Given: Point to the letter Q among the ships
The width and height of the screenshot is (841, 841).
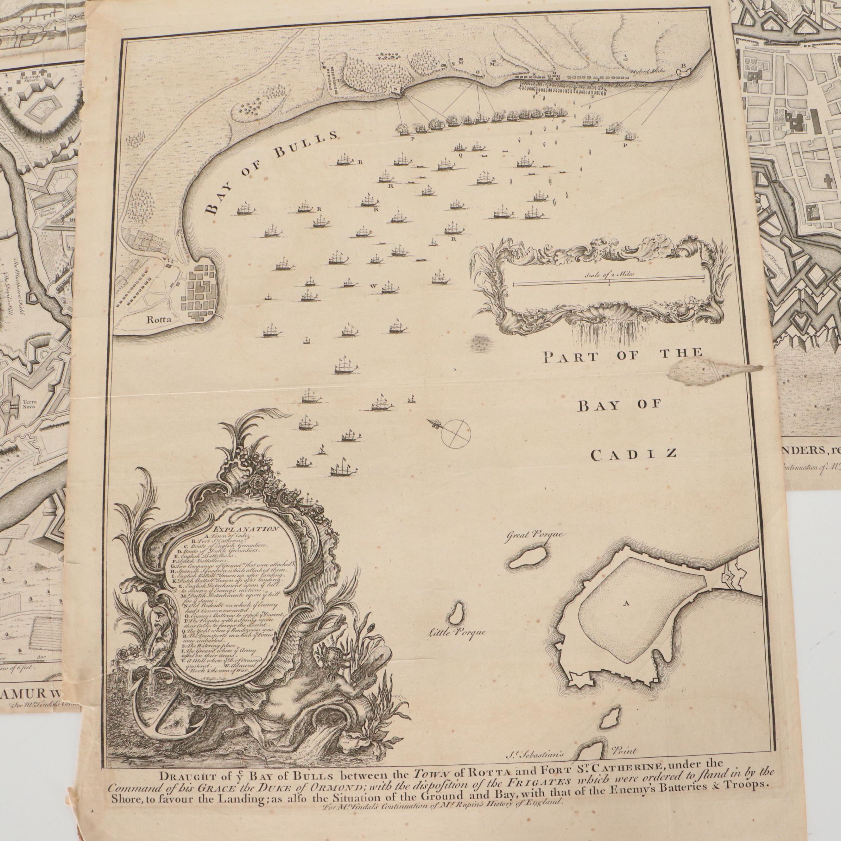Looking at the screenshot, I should click(x=460, y=154).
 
